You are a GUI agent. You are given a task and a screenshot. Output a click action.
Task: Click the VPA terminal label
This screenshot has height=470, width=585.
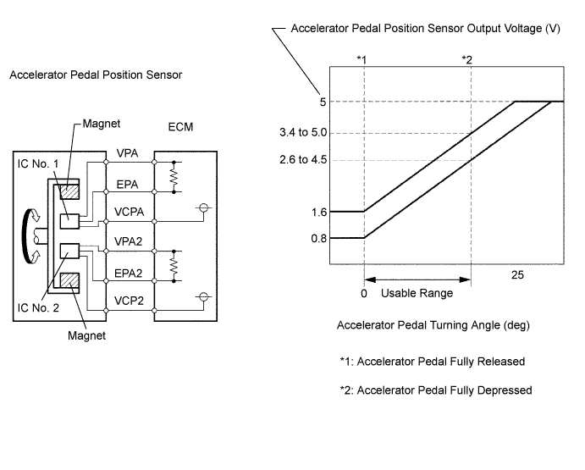tap(127, 153)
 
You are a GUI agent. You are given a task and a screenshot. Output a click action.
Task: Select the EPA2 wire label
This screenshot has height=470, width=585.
tap(129, 274)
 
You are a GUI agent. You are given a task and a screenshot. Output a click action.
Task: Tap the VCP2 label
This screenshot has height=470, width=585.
tap(129, 301)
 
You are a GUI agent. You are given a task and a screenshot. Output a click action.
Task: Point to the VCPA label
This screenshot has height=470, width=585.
tap(129, 212)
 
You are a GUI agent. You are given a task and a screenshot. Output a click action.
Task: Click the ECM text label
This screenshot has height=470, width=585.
tap(180, 127)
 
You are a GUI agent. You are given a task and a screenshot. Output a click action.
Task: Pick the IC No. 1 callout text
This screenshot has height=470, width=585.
tap(38, 163)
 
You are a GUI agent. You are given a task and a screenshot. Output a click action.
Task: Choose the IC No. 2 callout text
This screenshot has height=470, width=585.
tap(38, 307)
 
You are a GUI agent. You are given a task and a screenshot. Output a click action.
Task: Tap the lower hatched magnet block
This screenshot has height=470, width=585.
tap(69, 280)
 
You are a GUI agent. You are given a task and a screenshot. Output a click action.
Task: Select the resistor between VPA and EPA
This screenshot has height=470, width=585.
tap(174, 177)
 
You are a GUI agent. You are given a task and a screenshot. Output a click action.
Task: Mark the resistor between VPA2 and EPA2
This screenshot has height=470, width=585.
tap(174, 266)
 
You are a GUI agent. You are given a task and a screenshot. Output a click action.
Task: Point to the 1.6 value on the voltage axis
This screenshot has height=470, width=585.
tap(319, 212)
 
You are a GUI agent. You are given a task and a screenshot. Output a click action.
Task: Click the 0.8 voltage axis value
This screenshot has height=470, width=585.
tap(319, 238)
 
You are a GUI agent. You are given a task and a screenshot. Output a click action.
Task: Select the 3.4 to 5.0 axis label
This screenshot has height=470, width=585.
tap(303, 132)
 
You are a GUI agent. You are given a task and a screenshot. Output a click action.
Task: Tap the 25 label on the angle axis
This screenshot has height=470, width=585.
tap(517, 275)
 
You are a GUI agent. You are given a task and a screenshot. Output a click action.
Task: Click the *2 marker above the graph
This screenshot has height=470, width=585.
tap(466, 60)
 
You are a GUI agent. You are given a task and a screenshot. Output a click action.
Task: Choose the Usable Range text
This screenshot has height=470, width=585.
tap(417, 293)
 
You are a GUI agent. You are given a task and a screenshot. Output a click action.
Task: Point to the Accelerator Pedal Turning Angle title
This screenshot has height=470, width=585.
tap(433, 325)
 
